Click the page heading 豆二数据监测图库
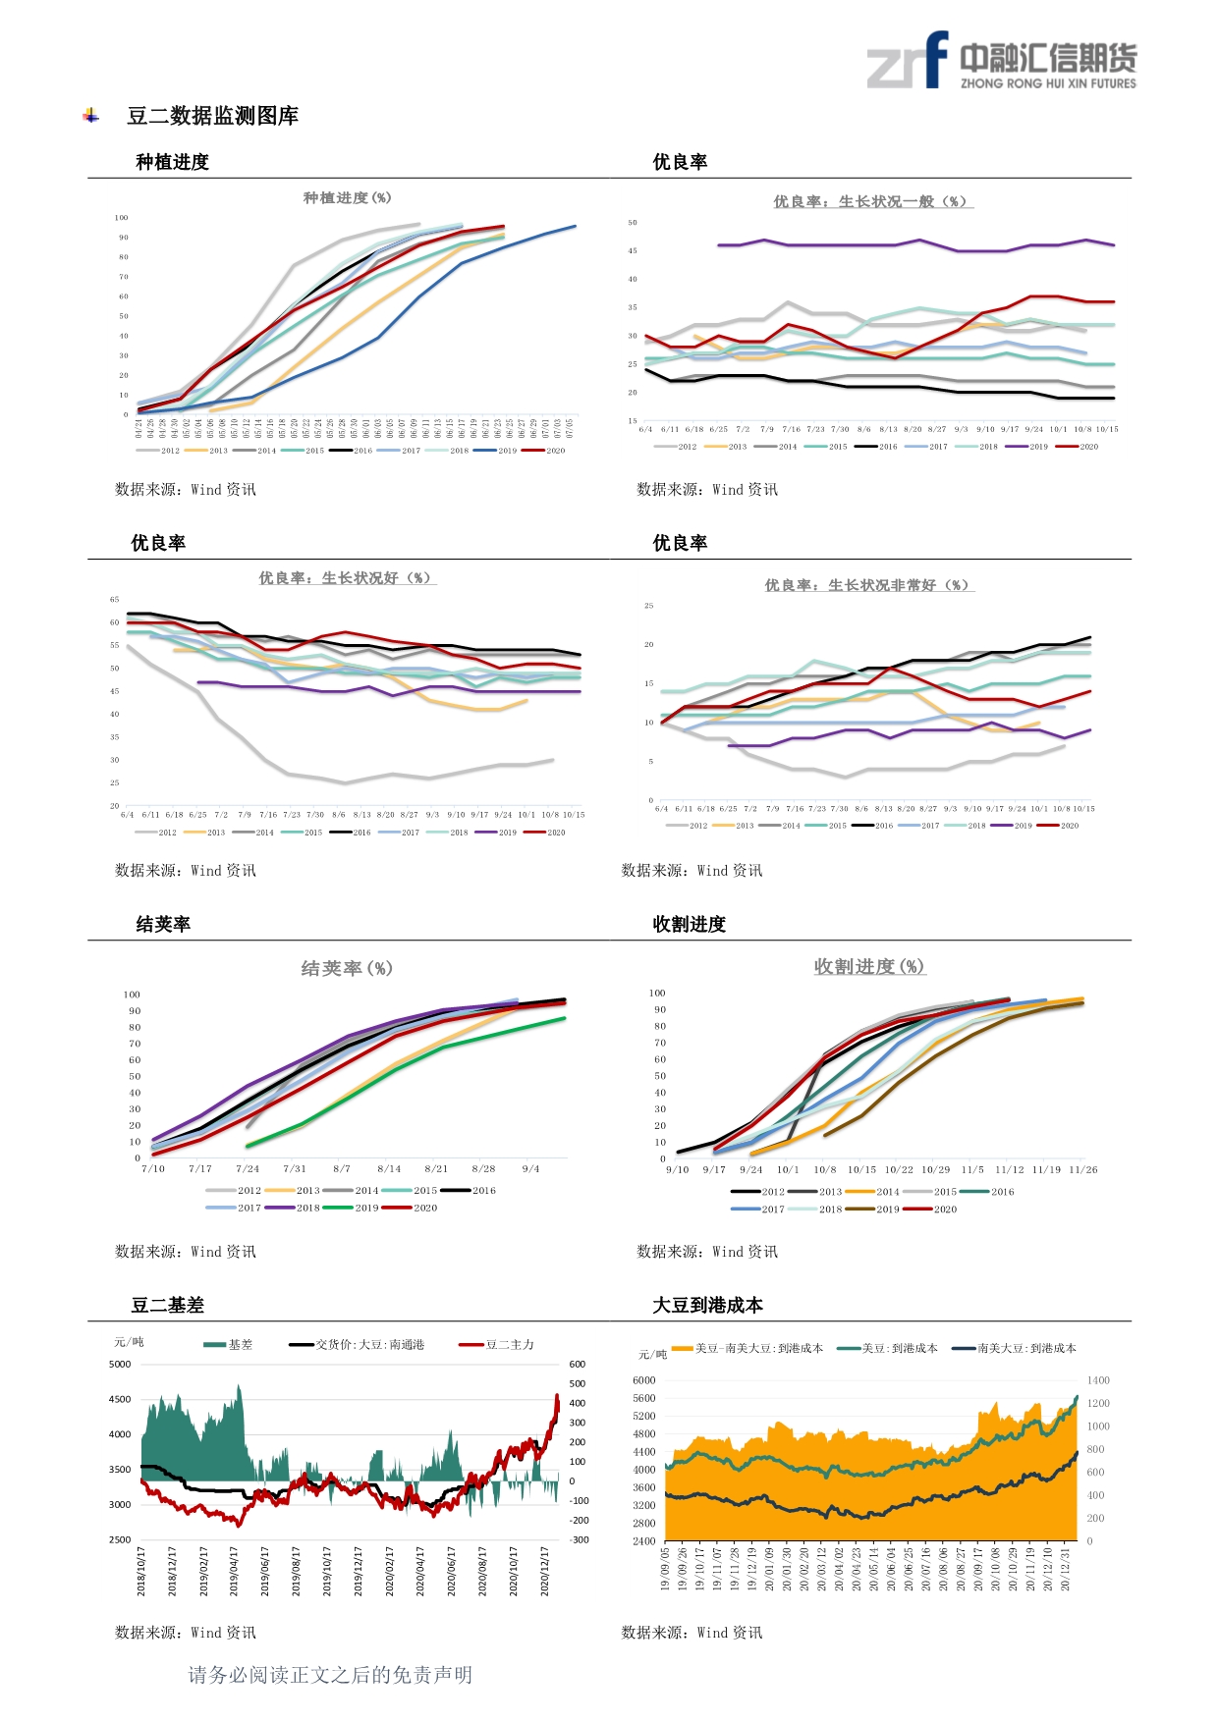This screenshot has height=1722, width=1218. click(x=212, y=116)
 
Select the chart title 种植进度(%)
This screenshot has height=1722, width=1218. click(x=347, y=198)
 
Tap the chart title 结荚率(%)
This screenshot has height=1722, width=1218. click(x=347, y=969)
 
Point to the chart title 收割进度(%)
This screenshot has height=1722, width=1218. click(x=869, y=967)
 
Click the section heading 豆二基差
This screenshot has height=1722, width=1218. click(x=168, y=1305)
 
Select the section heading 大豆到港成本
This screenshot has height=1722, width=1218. click(x=707, y=1305)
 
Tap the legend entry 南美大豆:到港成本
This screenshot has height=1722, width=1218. click(x=1026, y=1349)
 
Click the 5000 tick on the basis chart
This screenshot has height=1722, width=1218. click(x=120, y=1365)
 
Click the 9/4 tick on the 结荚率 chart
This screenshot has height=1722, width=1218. click(x=530, y=1169)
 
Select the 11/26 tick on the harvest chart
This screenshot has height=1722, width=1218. click(x=1083, y=1170)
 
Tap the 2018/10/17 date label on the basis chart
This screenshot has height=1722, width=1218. click(x=141, y=1571)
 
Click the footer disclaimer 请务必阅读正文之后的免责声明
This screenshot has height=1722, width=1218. click(x=330, y=1675)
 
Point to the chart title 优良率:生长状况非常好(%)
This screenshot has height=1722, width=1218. click(x=869, y=586)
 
